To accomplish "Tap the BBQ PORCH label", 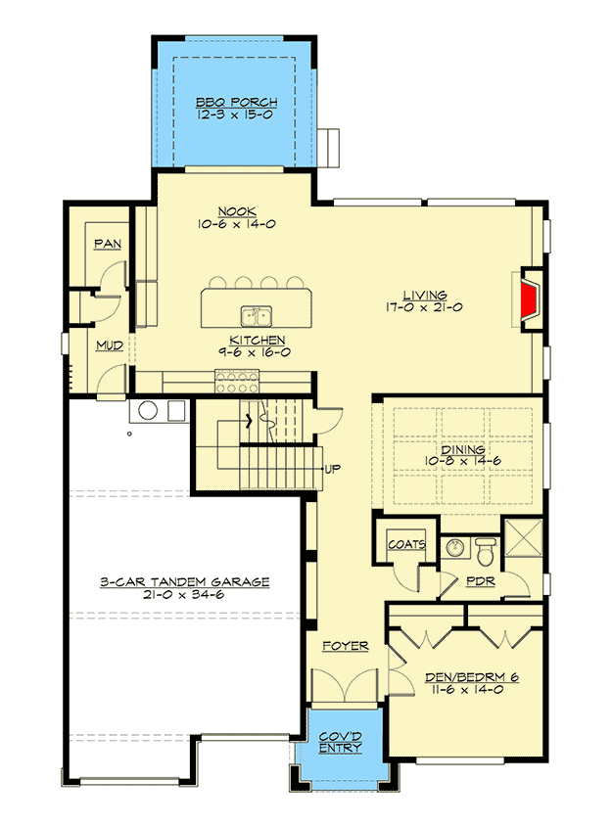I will tap(235, 102).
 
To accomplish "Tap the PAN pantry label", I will tap(107, 244).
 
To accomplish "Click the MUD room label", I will tap(109, 345).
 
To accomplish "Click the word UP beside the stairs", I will tap(332, 469).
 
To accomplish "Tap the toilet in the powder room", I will tap(486, 549).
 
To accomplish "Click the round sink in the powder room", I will tap(453, 547).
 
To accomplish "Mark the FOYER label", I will tap(346, 646).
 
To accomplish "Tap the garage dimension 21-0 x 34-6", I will tap(184, 594).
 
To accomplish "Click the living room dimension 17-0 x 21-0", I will tap(423, 307).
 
